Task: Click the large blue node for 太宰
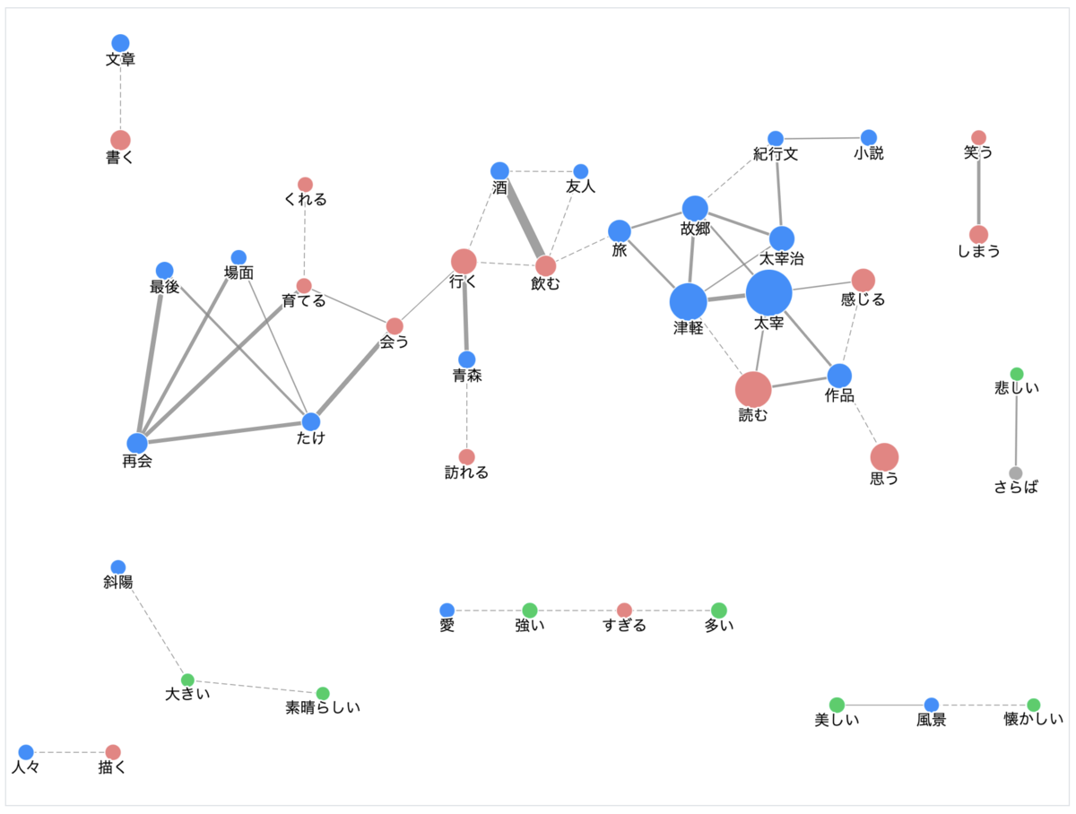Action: point(768,292)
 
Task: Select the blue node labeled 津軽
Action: point(689,302)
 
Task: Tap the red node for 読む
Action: point(753,390)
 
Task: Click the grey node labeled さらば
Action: point(1016,473)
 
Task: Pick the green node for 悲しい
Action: point(1017,375)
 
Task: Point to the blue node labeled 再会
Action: point(137,443)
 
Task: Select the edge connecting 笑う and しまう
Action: point(978,186)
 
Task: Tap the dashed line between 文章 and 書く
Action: point(120,91)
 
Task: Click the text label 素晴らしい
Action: point(323,707)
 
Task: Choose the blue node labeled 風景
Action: point(932,706)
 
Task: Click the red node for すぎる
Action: point(624,610)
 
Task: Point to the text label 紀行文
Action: point(776,154)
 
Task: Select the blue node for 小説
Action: point(869,138)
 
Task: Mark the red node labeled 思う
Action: point(884,457)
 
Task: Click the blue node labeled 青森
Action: point(466,359)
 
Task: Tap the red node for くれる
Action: point(305,185)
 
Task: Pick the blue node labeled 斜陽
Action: point(118,567)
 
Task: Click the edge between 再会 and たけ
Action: point(224,432)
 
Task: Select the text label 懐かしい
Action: point(1033,719)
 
